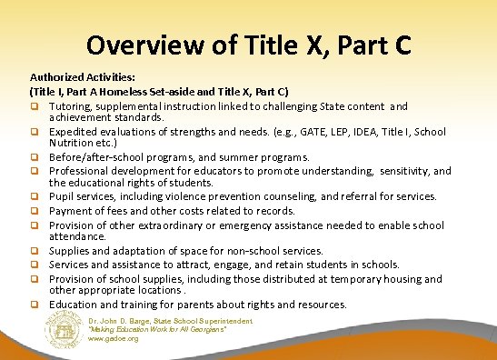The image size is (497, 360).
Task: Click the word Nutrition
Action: [74, 144]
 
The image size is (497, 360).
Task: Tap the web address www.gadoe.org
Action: [113, 340]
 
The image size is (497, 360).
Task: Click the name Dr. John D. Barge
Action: [122, 320]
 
